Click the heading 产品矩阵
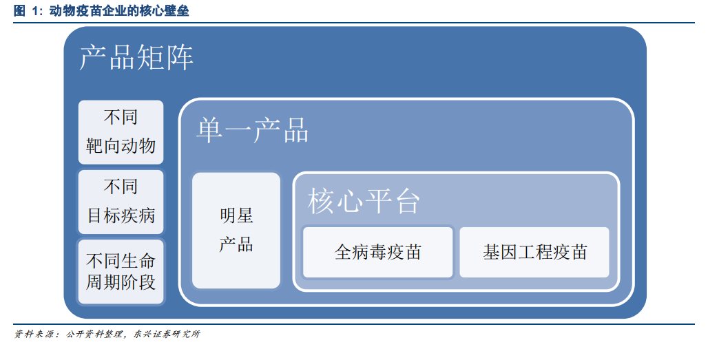click(136, 57)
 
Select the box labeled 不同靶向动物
click(121, 132)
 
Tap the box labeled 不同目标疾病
click(121, 202)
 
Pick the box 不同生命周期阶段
click(121, 272)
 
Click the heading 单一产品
click(252, 130)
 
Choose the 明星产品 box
click(236, 231)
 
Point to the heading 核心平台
click(364, 201)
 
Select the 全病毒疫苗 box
click(377, 252)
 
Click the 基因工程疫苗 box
click(534, 252)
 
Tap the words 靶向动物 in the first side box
click(121, 146)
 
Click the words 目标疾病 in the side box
click(121, 215)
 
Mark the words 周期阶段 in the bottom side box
click(121, 282)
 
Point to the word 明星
click(236, 215)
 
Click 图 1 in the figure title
click(26, 10)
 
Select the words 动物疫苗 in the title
click(74, 10)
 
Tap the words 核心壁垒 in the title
click(165, 10)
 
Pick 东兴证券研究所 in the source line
click(167, 335)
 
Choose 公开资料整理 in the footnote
click(94, 335)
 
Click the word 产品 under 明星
click(236, 244)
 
